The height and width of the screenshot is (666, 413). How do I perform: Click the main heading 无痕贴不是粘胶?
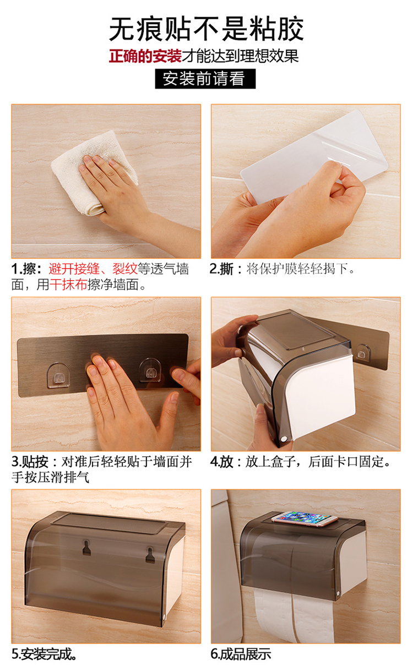coord(206,29)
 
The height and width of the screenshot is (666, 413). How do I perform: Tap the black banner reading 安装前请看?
coord(205,79)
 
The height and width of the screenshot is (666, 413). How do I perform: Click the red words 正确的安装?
coord(145,56)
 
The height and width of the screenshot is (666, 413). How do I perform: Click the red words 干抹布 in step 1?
coord(68,285)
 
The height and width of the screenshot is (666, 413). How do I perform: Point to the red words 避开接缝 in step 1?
coord(74,269)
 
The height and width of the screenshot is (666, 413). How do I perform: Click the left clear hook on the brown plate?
coord(58,375)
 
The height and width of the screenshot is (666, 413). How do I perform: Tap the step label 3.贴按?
coord(30,462)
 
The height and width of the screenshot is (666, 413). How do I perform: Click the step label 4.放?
coord(222,462)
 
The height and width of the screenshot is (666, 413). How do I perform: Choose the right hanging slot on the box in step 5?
coord(150,555)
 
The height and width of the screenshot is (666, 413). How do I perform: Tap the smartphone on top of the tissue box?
coord(305,518)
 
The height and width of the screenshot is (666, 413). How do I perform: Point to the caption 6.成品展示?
coord(241,654)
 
